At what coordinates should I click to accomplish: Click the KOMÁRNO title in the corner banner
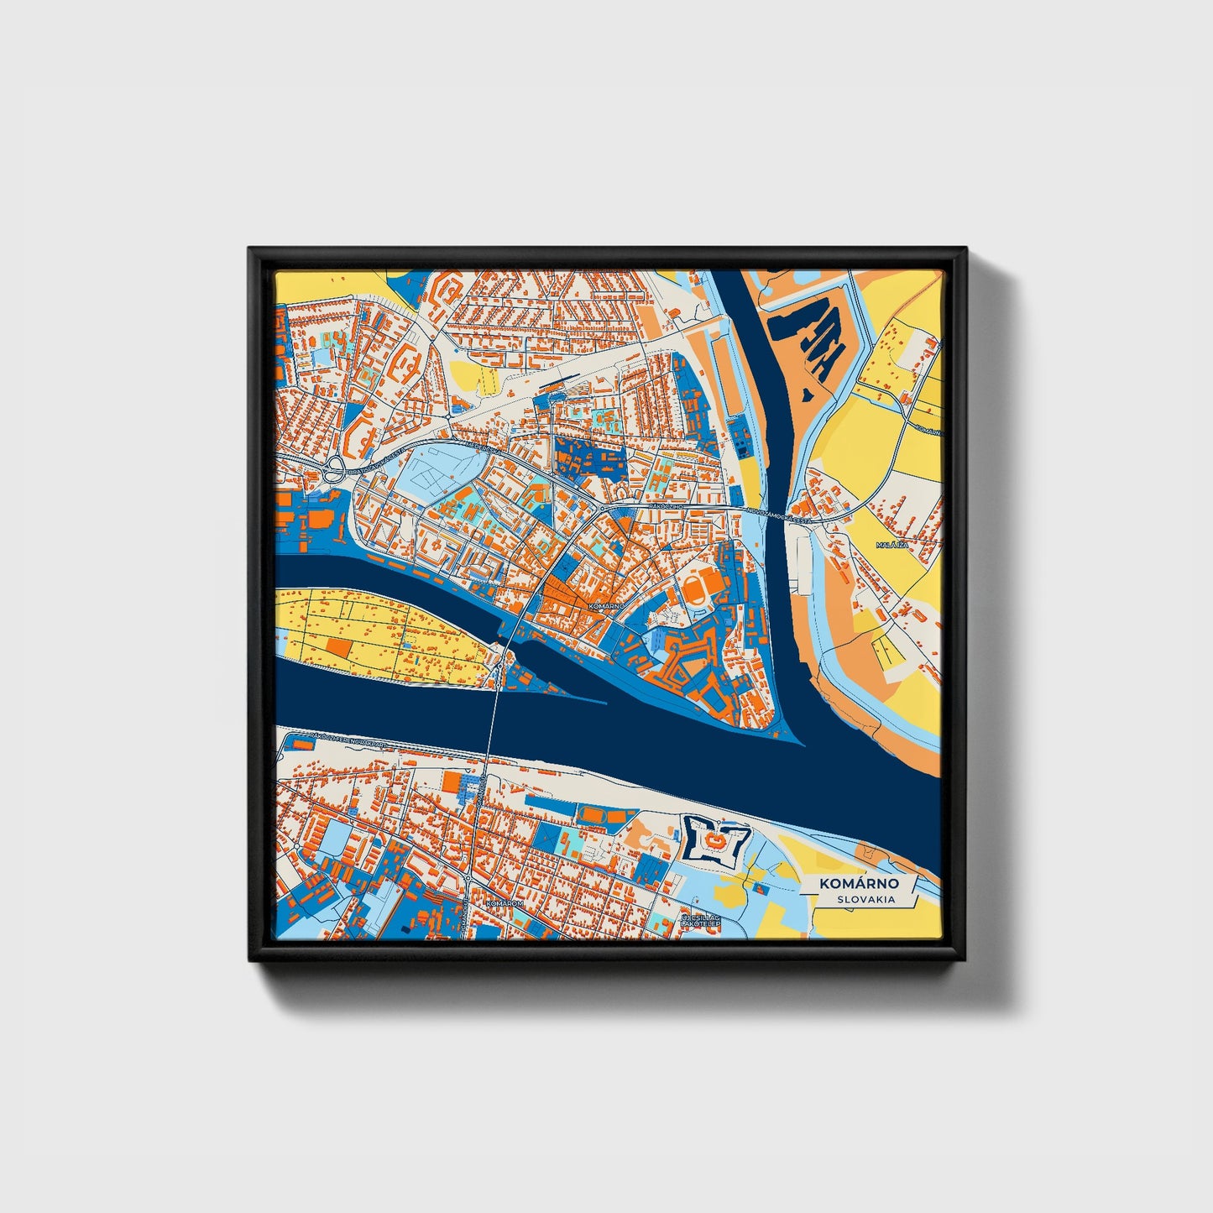coord(860,884)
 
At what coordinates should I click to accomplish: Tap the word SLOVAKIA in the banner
coord(865,899)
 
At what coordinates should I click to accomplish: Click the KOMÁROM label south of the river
coord(505,904)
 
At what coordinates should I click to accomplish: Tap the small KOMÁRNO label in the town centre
coord(606,605)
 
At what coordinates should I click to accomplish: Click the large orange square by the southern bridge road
coord(453,782)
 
